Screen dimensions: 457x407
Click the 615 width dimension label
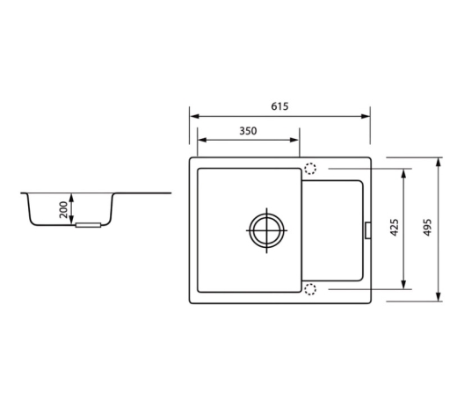(279, 106)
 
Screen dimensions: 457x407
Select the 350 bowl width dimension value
(248, 131)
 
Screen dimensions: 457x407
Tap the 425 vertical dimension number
(395, 228)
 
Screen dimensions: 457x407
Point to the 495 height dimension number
(427, 228)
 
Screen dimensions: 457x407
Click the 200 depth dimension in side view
(63, 209)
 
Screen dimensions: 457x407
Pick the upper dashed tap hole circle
(310, 169)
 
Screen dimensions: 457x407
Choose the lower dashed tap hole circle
(310, 289)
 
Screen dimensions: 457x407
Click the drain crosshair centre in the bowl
(266, 230)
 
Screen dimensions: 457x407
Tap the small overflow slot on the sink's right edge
(368, 230)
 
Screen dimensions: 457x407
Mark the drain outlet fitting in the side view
(88, 225)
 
